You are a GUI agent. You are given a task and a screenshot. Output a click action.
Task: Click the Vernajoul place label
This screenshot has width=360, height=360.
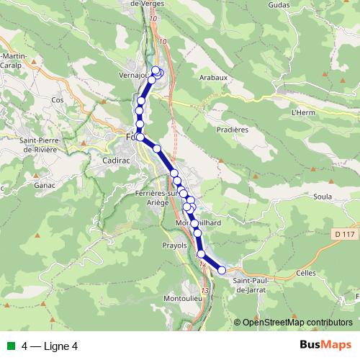coord(132,74)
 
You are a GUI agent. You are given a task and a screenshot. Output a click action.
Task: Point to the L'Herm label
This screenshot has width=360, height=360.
coord(305,112)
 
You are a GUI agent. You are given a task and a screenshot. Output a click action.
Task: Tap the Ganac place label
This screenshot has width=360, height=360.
coord(45,184)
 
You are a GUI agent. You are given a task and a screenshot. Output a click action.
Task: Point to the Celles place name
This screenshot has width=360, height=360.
coord(306,274)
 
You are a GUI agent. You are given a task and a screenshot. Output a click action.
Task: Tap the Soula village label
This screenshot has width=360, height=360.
coord(323,195)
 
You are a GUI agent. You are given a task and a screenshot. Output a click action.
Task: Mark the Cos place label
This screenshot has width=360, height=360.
coord(58,100)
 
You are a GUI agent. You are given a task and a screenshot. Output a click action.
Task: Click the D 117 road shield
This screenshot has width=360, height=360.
coord(345,234)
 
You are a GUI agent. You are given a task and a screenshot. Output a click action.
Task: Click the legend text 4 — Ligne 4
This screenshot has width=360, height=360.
coord(50,346)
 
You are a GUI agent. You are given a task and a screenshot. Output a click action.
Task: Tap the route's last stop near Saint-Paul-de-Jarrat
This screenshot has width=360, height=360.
coord(222,270)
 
